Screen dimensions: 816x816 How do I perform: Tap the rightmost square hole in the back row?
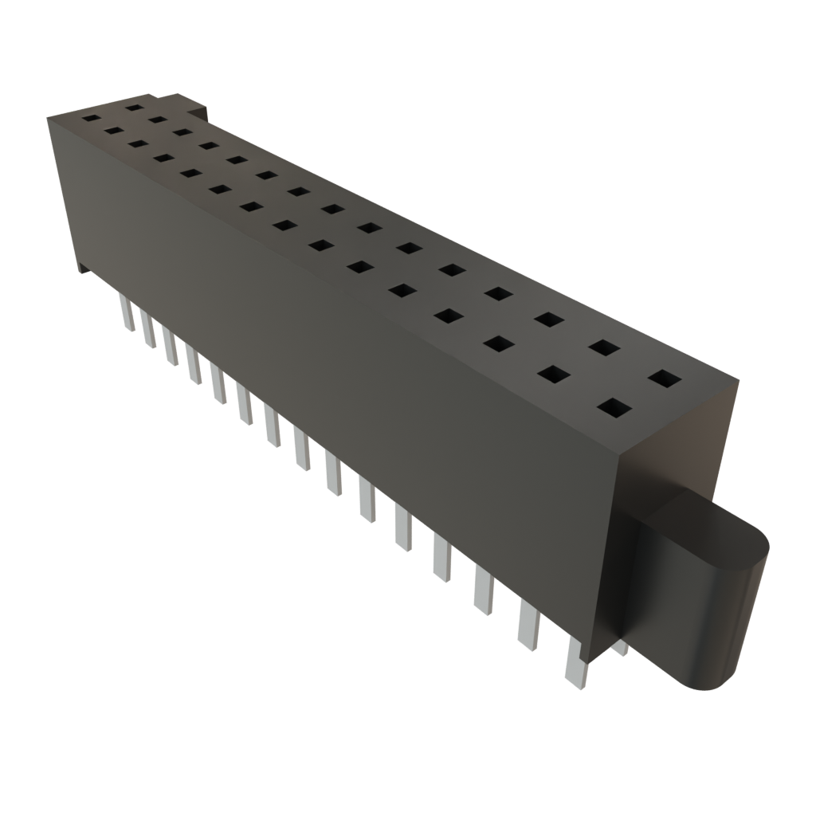click(665, 378)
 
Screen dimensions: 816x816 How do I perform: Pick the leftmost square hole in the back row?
click(134, 107)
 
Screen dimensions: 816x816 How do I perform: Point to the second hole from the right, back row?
click(605, 347)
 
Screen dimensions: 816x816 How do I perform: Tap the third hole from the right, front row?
click(497, 343)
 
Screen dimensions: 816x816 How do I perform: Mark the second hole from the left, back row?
click(157, 120)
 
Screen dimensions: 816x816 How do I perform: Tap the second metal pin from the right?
click(528, 625)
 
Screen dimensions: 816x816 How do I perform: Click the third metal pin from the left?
click(170, 346)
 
